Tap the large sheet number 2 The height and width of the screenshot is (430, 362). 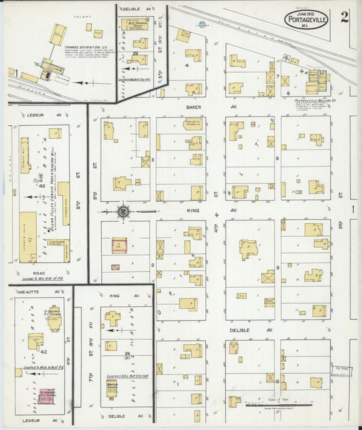345,17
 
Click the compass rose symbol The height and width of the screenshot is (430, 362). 123,212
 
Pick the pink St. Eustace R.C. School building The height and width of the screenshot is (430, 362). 46,395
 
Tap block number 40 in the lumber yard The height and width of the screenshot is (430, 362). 41,184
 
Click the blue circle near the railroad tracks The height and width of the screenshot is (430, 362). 202,24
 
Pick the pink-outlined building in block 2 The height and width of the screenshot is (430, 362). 120,246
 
